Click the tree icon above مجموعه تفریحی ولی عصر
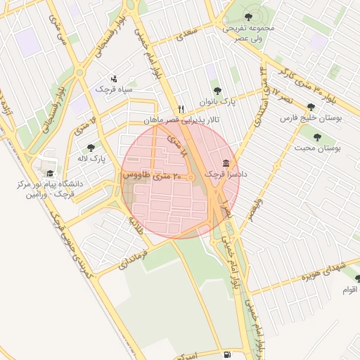coord(247,16)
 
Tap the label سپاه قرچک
coord(115,90)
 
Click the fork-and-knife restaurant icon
coord(181,109)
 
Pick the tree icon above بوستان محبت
coord(317,137)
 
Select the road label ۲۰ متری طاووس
coord(156,176)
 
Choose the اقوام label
coord(349,289)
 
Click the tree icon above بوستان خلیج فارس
coord(311,108)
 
